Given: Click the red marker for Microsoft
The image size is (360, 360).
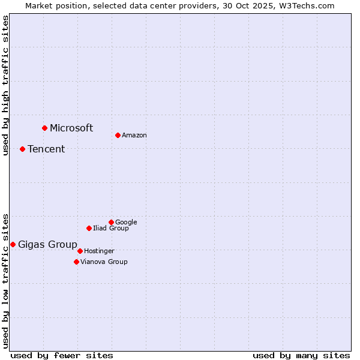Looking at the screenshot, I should (44, 128).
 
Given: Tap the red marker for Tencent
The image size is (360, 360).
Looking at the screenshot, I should (22, 149).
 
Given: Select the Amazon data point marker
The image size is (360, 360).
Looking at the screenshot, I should (118, 135).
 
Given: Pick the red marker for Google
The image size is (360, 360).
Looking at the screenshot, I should (111, 222).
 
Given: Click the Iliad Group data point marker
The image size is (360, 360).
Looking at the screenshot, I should (89, 228).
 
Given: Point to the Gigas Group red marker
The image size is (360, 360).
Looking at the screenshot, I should (13, 244).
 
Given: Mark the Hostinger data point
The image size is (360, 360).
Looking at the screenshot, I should (80, 251).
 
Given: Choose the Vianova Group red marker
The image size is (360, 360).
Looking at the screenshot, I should (76, 262).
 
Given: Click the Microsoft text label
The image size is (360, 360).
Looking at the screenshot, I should (71, 128).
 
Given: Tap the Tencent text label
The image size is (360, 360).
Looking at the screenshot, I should (46, 149).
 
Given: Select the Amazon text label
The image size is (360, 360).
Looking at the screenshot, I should (134, 136).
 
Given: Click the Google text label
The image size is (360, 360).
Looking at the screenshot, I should (126, 222).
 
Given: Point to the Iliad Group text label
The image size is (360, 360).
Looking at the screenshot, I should (111, 228).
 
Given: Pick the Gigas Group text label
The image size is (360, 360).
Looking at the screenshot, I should (47, 245).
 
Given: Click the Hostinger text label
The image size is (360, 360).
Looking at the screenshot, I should (99, 251).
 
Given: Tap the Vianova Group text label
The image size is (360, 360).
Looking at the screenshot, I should (104, 262).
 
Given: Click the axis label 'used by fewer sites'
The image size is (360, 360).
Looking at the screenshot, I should (62, 355).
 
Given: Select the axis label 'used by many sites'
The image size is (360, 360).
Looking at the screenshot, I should (301, 355).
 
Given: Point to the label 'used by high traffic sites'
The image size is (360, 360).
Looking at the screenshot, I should (5, 85).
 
